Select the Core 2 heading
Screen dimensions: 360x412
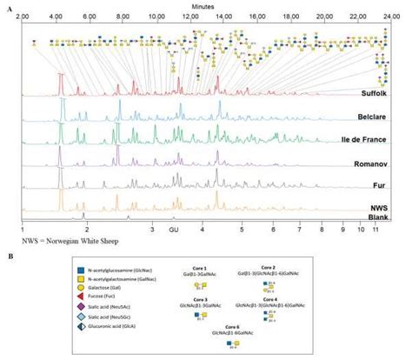(268, 268)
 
